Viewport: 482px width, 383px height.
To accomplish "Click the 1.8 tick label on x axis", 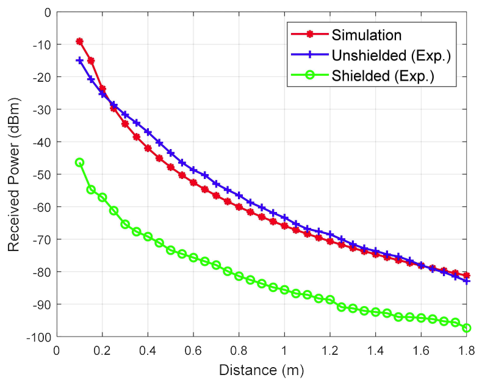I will [x=466, y=350].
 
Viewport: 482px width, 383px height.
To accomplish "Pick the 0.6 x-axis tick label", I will [x=193, y=350].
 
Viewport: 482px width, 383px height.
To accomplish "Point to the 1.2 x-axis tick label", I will [x=329, y=350].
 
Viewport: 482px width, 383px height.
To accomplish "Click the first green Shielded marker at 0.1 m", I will [x=79, y=162].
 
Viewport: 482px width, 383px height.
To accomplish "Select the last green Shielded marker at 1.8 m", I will [x=466, y=328].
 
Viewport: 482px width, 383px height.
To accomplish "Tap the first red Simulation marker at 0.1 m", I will [x=79, y=42].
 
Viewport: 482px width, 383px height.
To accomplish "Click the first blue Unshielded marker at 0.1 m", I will [x=79, y=60].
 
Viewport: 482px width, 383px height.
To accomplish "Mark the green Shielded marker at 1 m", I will [x=284, y=290].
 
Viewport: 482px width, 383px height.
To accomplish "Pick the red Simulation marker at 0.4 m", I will [x=148, y=148].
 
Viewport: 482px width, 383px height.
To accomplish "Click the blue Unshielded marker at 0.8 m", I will [x=239, y=195].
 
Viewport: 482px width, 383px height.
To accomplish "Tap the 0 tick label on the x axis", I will [x=57, y=350].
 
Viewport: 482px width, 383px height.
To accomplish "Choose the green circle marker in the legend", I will [x=309, y=76].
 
